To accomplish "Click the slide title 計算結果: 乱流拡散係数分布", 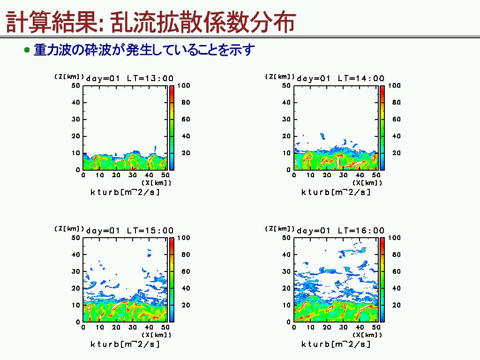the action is [x=150, y=22].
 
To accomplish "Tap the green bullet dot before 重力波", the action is [x=27, y=50].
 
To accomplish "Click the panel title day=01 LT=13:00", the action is [x=130, y=78].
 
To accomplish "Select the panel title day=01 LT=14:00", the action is [x=340, y=78].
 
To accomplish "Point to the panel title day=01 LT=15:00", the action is [x=130, y=231].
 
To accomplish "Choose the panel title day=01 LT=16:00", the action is [x=340, y=231].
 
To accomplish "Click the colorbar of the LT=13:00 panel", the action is [x=172, y=127].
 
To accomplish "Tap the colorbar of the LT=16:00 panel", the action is [x=382, y=280].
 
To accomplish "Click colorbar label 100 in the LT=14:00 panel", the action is [x=394, y=85].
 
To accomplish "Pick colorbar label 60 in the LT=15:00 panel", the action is [x=186, y=271].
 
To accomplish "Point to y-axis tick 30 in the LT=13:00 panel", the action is [x=75, y=119].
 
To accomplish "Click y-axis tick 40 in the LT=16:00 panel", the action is [x=286, y=255].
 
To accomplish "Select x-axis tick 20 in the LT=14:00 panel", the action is [x=327, y=175].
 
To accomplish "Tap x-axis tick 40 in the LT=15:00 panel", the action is [x=149, y=327].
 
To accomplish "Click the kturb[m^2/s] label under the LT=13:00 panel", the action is [x=125, y=192].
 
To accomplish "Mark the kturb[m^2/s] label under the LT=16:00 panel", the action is [x=336, y=345].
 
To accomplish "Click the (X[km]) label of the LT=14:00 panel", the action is [x=367, y=183].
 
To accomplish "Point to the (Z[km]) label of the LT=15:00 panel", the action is [x=69, y=229].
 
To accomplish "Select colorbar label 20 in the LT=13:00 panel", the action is [x=186, y=153].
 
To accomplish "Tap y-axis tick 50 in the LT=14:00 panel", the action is [x=286, y=85].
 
